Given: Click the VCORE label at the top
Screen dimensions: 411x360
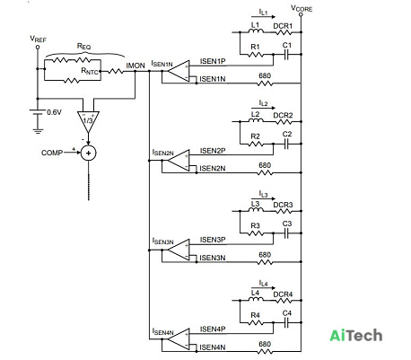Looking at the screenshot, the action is (x=302, y=8).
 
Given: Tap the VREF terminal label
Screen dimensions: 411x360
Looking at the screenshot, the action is (x=38, y=40).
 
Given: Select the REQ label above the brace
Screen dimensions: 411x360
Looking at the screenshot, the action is (x=83, y=46).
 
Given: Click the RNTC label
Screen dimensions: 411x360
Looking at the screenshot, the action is (x=90, y=71).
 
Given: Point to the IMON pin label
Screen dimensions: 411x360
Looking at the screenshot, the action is (x=136, y=66).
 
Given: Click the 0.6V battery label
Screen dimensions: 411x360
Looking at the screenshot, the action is (x=54, y=112).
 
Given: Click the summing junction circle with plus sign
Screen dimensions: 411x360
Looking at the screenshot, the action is (x=89, y=154).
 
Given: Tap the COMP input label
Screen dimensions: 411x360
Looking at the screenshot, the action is (x=52, y=153).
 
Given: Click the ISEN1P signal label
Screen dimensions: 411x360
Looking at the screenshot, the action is (x=213, y=61).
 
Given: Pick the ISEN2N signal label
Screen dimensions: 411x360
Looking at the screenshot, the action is (x=213, y=169).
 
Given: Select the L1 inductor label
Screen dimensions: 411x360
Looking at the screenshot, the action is (x=255, y=25).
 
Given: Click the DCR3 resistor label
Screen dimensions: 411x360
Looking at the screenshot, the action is (x=283, y=205).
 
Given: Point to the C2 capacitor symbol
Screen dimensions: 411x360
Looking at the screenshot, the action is (x=286, y=144).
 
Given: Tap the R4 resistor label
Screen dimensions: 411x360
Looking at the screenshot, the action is (x=255, y=315).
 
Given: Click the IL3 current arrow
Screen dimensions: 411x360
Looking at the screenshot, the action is (x=263, y=198).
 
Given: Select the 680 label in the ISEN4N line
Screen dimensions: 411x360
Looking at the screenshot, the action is (x=265, y=344).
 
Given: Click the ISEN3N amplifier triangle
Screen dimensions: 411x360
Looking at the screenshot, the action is (x=179, y=250).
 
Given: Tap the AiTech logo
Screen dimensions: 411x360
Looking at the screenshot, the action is (x=356, y=336).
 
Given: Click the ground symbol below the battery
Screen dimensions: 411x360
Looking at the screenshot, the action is (x=38, y=130).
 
